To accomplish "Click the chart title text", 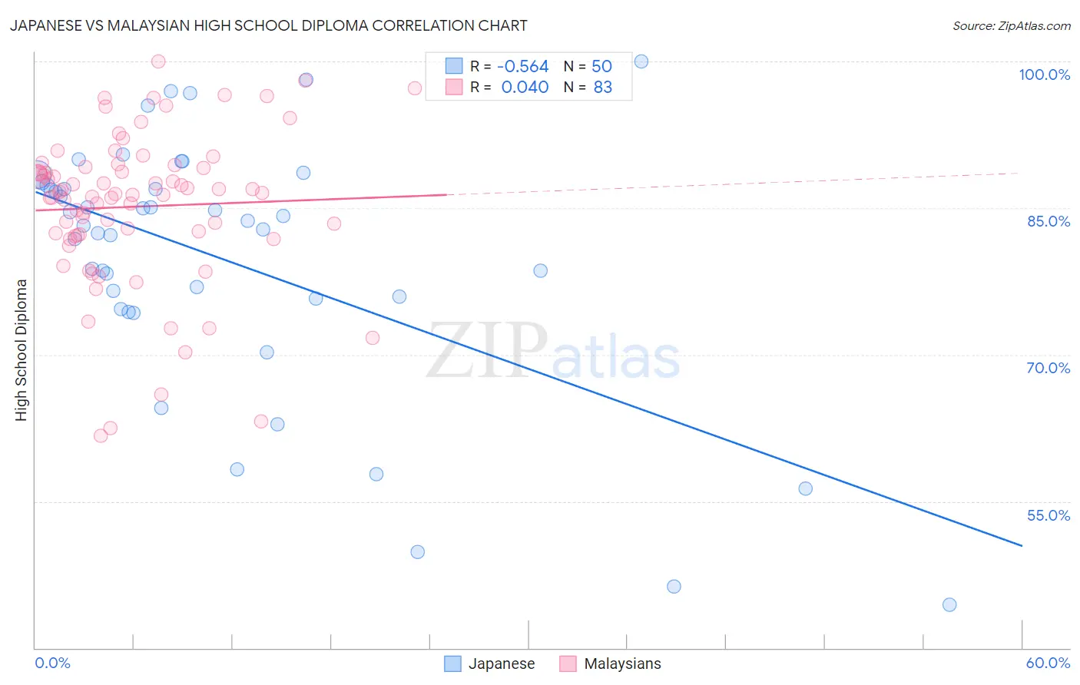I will (x=269, y=25).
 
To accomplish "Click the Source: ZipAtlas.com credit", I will (x=1011, y=25).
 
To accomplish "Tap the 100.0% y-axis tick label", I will (x=1044, y=74).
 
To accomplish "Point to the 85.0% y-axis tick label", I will (x=1049, y=221).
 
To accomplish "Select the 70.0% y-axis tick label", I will (x=1048, y=368).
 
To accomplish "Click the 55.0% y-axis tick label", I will (x=1048, y=515).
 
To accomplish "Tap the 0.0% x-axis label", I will (x=52, y=663).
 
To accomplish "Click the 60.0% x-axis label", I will (x=1047, y=663).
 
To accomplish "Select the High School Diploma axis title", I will (x=22, y=349).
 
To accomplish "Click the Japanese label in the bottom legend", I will (x=501, y=663).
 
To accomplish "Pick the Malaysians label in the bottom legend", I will (x=622, y=663).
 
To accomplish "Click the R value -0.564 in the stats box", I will (x=523, y=67).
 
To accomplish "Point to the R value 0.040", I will (x=525, y=88).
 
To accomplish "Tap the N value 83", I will (x=603, y=88).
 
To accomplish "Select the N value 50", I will (x=601, y=67).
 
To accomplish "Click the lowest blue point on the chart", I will (x=949, y=604).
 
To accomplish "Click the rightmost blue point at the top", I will (x=641, y=61).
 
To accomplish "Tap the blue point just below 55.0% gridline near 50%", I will (x=805, y=488).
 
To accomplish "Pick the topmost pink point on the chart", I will (x=158, y=61).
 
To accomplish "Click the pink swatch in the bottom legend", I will (x=568, y=663).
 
